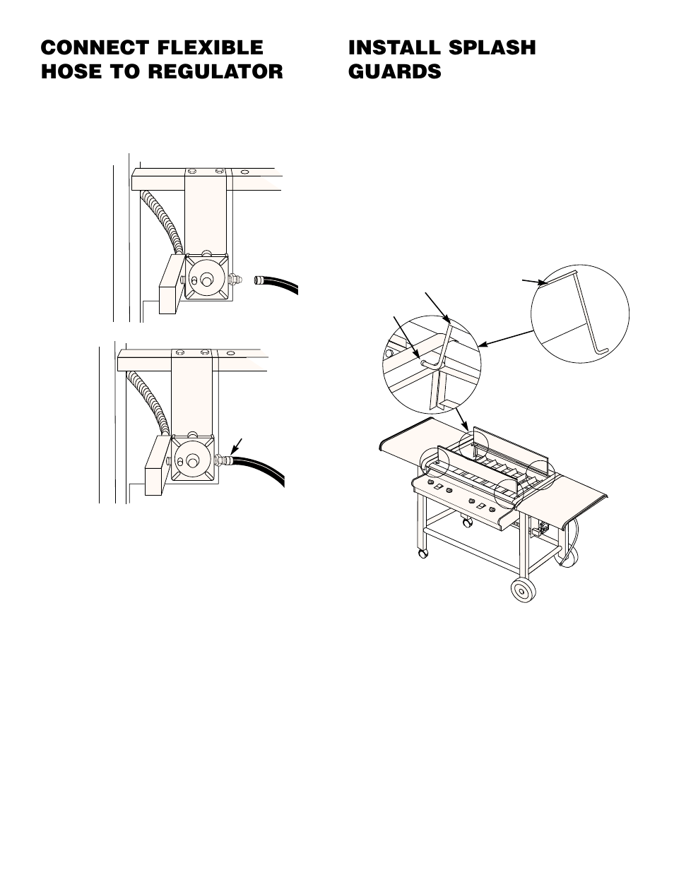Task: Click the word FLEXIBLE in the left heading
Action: click(x=210, y=47)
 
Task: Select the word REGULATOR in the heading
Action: click(x=215, y=71)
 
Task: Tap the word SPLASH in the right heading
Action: click(x=492, y=47)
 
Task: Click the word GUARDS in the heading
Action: click(x=395, y=71)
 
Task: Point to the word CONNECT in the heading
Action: click(x=95, y=47)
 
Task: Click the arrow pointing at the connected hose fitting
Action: click(x=237, y=446)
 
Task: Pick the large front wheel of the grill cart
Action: click(x=524, y=590)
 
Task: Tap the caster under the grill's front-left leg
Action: click(x=422, y=554)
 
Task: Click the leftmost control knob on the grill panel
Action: click(x=430, y=482)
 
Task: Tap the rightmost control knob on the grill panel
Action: click(x=490, y=510)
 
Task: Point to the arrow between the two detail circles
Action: click(x=507, y=338)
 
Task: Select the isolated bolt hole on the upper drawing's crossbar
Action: click(x=244, y=172)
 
